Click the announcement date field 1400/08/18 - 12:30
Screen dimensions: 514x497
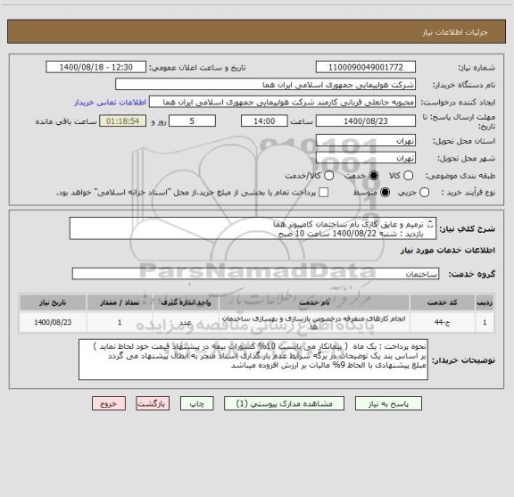click(x=96, y=67)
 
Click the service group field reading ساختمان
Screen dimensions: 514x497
click(x=253, y=273)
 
